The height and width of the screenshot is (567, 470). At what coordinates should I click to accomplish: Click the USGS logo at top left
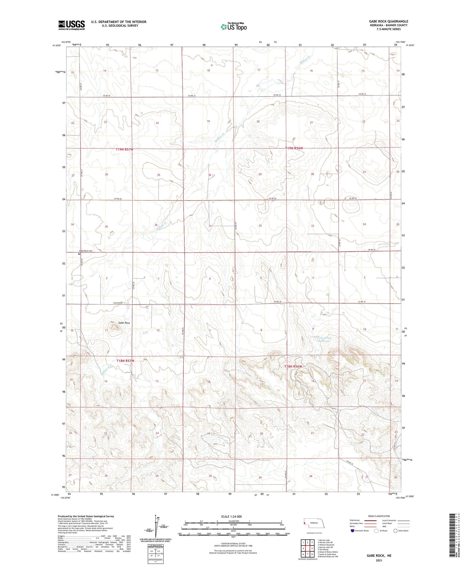click(x=72, y=25)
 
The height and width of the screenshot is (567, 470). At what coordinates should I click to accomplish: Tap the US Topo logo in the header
click(x=233, y=26)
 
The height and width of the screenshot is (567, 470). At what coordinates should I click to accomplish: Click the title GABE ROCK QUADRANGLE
click(x=386, y=21)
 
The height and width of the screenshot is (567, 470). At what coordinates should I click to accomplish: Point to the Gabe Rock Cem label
click(x=86, y=251)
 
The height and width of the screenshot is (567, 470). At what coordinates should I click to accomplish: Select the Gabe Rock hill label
click(x=124, y=323)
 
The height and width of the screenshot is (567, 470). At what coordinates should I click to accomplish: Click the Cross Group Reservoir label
click(x=323, y=339)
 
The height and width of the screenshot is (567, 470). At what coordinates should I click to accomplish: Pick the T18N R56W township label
click(x=293, y=366)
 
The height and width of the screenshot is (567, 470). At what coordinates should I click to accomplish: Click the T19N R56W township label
click(x=294, y=148)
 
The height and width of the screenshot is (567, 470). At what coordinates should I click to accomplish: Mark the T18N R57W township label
click(x=125, y=361)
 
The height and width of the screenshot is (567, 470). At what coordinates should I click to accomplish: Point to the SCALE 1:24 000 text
click(x=231, y=516)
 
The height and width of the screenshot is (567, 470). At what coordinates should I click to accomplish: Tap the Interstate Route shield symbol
click(x=353, y=531)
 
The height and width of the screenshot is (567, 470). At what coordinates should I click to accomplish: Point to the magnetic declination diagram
click(x=155, y=528)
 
